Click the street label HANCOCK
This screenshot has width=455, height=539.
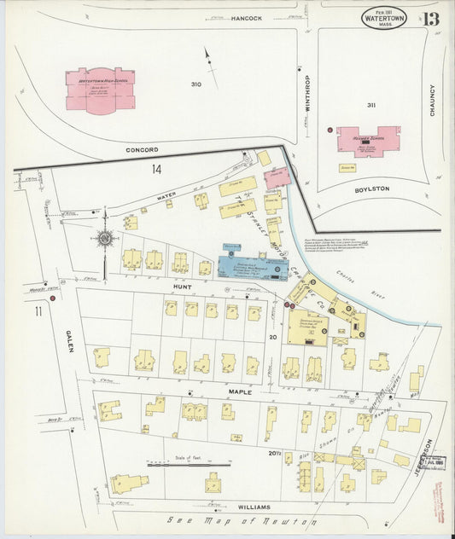(x=246, y=18)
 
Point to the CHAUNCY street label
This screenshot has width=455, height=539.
(x=433, y=101)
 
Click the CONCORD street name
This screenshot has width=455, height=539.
(x=143, y=150)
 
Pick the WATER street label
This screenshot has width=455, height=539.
(x=166, y=196)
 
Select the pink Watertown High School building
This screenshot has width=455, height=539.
(x=100, y=89)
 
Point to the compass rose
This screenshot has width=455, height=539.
(x=104, y=240)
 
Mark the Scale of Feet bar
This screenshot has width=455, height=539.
(x=189, y=465)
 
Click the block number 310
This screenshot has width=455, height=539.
(x=196, y=84)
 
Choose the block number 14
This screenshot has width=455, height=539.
(x=156, y=170)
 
